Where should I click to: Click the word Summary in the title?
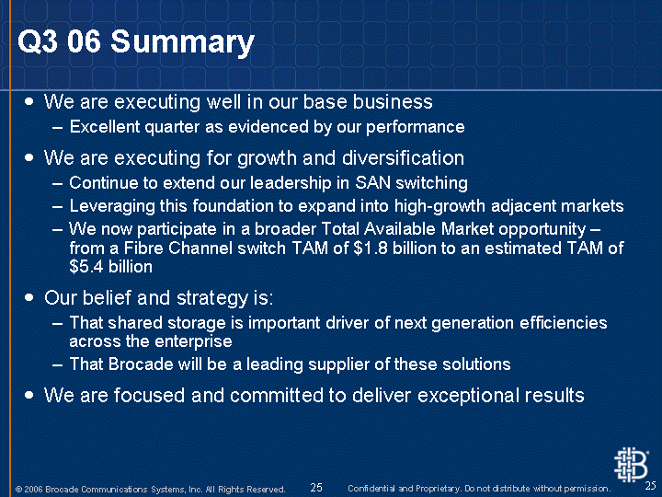coord(182,42)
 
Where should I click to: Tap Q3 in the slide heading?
coord(37,41)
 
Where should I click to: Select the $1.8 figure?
coord(371,248)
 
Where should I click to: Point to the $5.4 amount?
coord(86,267)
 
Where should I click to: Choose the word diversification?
coord(403,158)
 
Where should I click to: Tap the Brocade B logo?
coord(631,465)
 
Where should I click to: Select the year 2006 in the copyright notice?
coord(33,490)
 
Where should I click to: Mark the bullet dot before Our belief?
coord(29,298)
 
